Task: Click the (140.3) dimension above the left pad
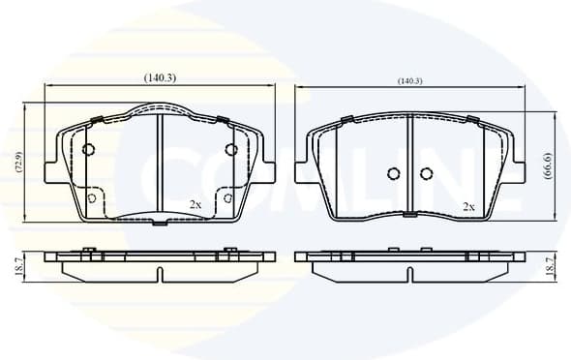[161, 76]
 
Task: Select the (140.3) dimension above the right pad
[410, 81]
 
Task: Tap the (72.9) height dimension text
[19, 159]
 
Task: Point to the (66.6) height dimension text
[548, 162]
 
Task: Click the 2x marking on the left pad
[195, 204]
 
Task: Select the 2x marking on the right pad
[468, 206]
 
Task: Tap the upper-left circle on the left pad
[89, 150]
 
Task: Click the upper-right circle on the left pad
[230, 149]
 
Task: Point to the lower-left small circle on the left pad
[92, 198]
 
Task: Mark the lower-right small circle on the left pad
[227, 198]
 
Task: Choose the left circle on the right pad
[393, 174]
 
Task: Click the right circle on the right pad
[425, 174]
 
